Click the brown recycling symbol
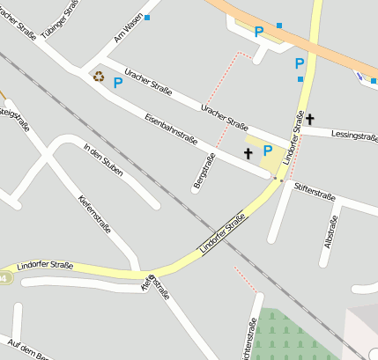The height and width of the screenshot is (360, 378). pyautogui.click(x=98, y=77)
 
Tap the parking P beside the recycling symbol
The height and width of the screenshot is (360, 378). pyautogui.click(x=117, y=83)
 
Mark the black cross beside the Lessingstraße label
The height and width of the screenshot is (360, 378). pyautogui.click(x=310, y=118)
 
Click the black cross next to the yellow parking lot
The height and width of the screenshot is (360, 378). pyautogui.click(x=248, y=153)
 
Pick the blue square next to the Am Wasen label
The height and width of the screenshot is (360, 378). pyautogui.click(x=147, y=18)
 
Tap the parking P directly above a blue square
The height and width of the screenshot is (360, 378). pyautogui.click(x=300, y=63)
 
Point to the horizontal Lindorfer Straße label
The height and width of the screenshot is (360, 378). pyautogui.click(x=45, y=264)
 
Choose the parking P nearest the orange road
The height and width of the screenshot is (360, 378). pyautogui.click(x=259, y=32)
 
